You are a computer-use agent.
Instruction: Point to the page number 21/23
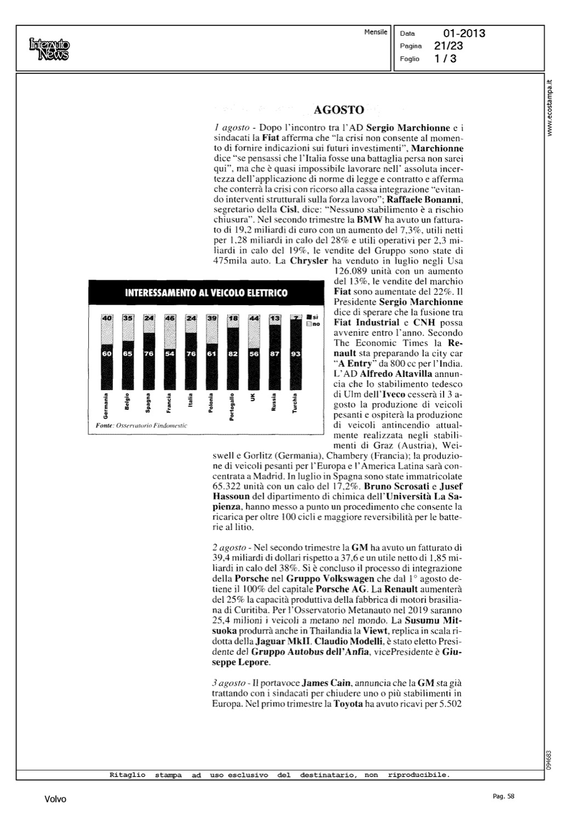point(448,46)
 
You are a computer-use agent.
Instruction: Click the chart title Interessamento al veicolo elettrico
point(206,293)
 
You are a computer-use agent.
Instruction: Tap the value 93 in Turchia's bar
point(295,354)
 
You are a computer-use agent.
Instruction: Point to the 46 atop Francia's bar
point(169,318)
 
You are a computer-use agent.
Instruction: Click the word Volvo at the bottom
point(55,800)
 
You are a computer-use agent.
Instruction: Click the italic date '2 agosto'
point(229,547)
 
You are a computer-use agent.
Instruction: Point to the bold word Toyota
point(348,704)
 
